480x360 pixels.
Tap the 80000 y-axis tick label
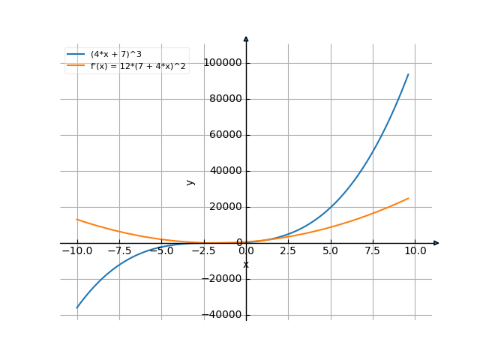[227, 99]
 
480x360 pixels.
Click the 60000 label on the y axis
[227, 135]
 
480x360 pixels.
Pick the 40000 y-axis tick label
[227, 171]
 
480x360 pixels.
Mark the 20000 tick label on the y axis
[227, 207]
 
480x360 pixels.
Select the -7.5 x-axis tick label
[118, 251]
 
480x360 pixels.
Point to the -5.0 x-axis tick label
[160, 251]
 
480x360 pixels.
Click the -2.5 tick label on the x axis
[203, 251]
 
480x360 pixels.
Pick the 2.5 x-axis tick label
[288, 251]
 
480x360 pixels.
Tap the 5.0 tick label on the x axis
[331, 251]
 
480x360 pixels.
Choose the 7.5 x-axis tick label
[373, 251]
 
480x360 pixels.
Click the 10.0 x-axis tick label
[415, 251]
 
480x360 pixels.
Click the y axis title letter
[190, 181]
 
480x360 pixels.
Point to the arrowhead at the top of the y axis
[246, 37]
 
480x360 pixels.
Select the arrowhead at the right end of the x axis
[436, 243]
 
